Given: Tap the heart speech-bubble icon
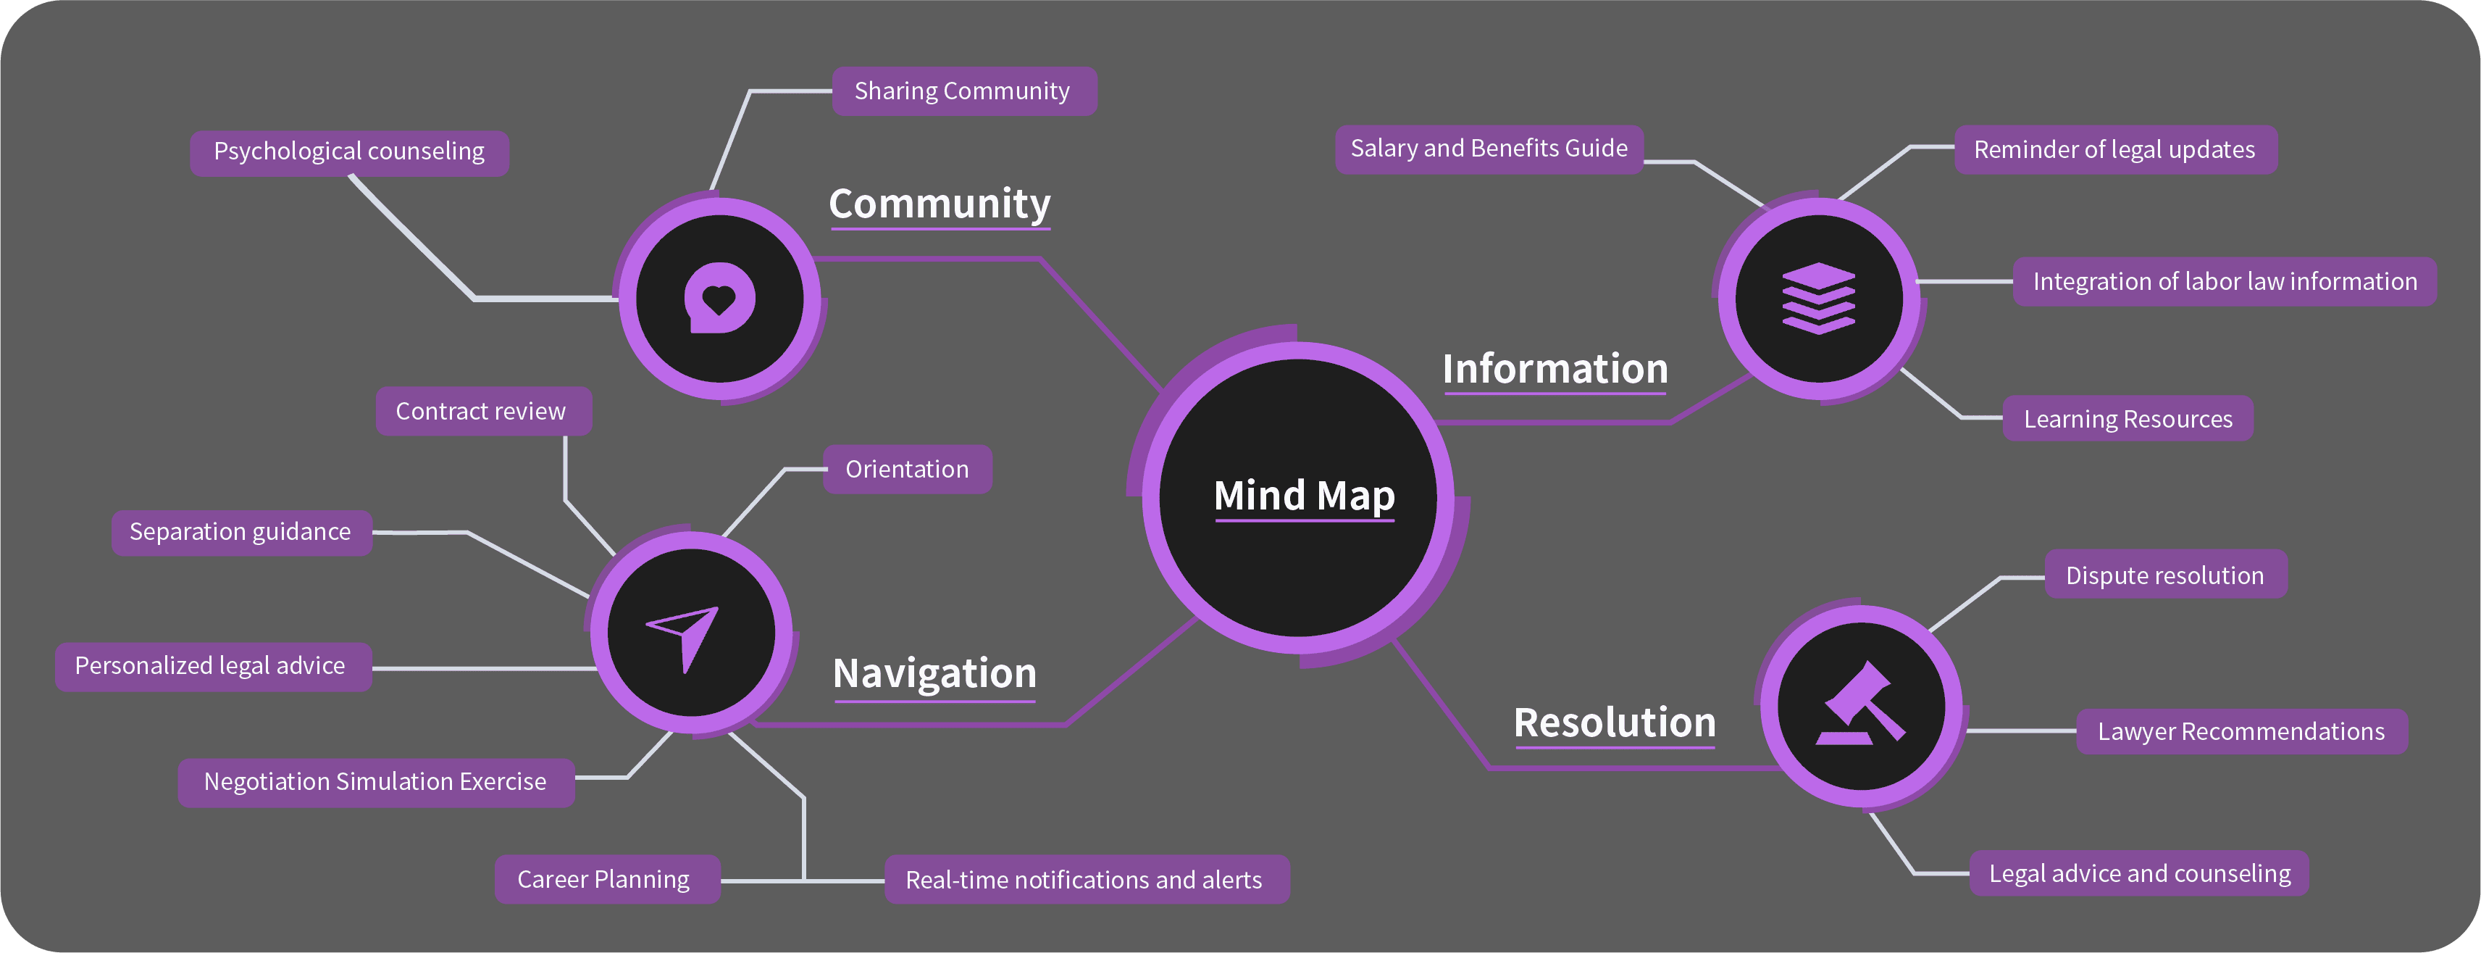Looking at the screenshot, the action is pos(719,298).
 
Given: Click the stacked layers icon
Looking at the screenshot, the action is pos(1818,298).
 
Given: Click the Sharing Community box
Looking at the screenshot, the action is pos(964,91).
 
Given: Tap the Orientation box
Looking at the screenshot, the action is pos(907,470).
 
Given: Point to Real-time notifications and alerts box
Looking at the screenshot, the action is pos(1087,879).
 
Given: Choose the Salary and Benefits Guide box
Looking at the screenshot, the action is pos(1489,149).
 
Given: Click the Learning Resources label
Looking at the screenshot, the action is pos(2128,419).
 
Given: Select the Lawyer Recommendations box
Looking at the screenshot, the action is pos(2241,731).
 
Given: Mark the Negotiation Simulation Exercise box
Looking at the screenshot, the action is pos(376,781).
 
